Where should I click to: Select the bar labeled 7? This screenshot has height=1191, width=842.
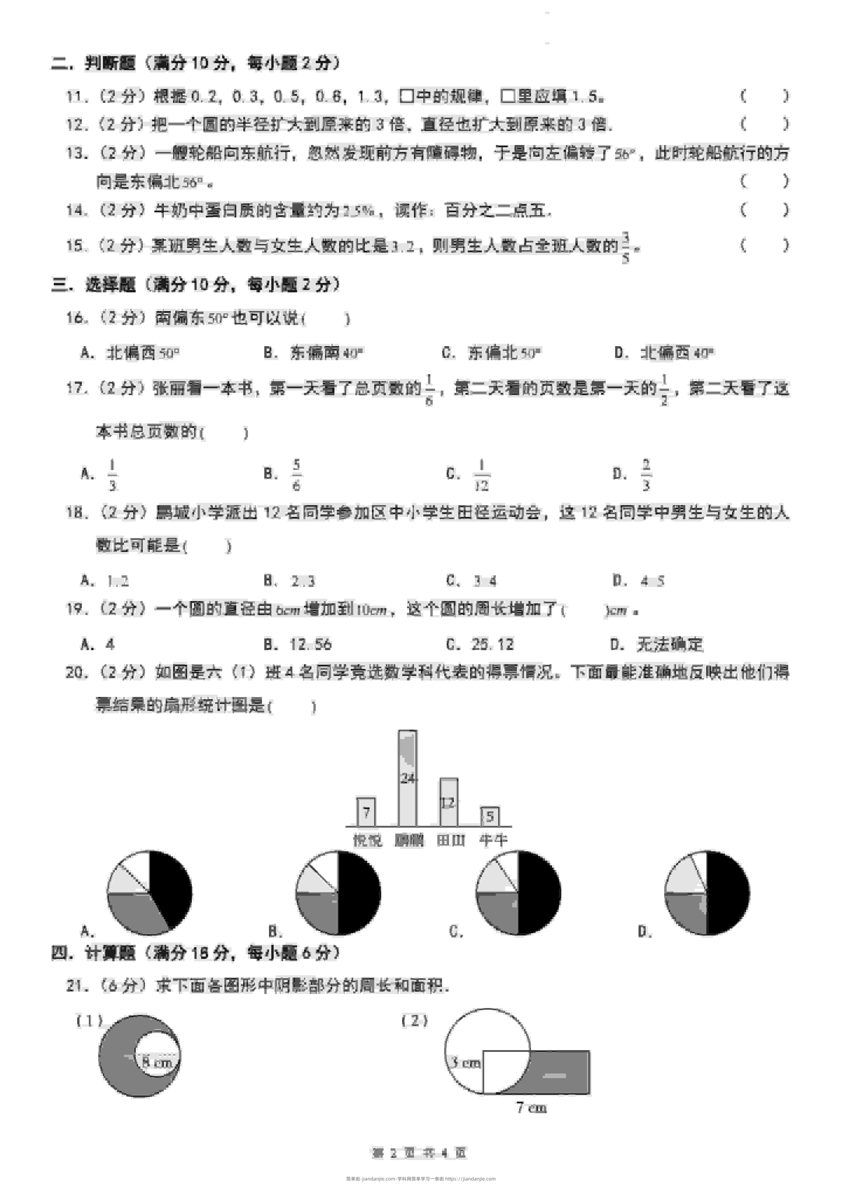(366, 812)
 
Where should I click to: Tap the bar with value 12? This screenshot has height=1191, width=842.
(449, 801)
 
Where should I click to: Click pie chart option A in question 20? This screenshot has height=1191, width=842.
(149, 893)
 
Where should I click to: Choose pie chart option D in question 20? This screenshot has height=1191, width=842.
(707, 893)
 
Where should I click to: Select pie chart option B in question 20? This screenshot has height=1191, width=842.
(338, 893)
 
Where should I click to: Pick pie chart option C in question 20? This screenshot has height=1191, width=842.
(518, 893)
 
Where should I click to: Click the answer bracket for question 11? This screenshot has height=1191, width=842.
(765, 96)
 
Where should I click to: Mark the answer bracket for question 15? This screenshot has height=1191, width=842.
(765, 245)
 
